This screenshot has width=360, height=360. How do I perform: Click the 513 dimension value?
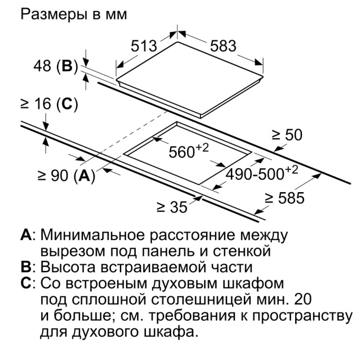[x=144, y=46]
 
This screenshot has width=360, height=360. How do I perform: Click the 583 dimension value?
[x=223, y=46]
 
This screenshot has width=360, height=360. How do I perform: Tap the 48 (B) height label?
[x=56, y=66]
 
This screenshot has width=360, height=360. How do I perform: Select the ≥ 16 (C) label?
[x=49, y=104]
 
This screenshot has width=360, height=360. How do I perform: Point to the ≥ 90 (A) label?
[x=67, y=176]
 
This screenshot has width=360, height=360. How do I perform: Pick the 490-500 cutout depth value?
[x=262, y=173]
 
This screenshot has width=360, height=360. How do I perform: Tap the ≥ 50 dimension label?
[x=287, y=135]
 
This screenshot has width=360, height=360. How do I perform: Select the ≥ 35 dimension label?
[x=172, y=207]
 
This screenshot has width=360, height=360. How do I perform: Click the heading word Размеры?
[x=54, y=15]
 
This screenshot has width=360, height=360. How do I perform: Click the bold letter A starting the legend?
[x=26, y=235]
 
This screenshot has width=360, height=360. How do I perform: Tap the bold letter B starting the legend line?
[x=26, y=267]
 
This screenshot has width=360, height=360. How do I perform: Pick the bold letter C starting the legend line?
[x=26, y=283]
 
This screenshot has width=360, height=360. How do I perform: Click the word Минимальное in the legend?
[x=93, y=235]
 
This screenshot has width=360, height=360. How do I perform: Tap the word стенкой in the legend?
[x=242, y=251]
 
